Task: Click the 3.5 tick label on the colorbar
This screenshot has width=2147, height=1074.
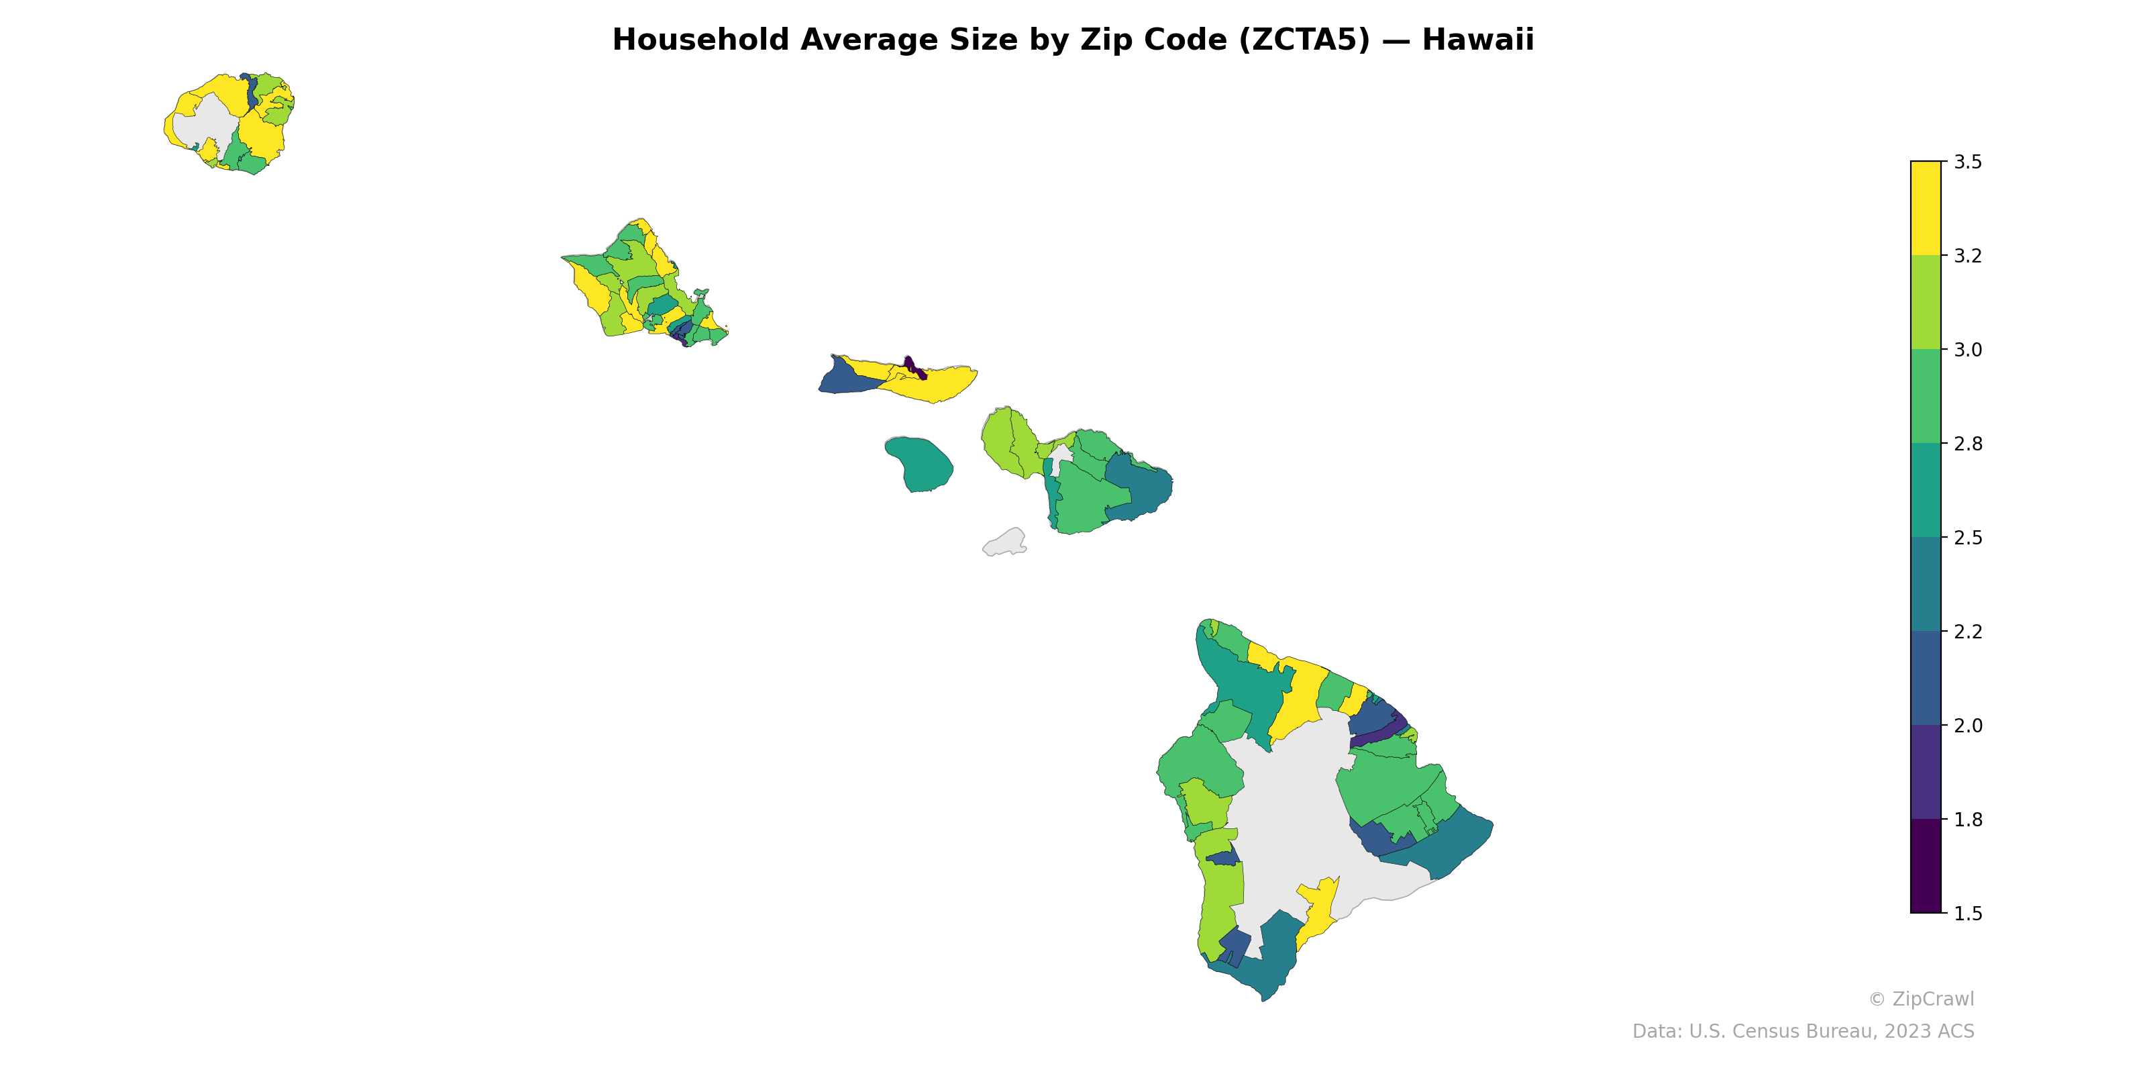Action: tap(1968, 162)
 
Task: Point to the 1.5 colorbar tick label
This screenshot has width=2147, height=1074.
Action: tap(1968, 914)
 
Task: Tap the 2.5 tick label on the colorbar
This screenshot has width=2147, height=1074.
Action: tap(1968, 538)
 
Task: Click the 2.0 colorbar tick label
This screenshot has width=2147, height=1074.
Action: tap(1968, 726)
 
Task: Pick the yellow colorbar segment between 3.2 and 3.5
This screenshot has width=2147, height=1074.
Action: tap(1926, 209)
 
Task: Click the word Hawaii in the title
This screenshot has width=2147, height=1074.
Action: tap(1477, 40)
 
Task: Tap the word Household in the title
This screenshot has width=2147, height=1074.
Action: tap(701, 40)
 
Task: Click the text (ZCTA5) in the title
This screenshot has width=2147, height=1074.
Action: tap(1304, 40)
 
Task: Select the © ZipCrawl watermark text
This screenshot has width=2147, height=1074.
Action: tap(1921, 999)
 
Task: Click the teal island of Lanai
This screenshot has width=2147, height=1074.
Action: tap(921, 465)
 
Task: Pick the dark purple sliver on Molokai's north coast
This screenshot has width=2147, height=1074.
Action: tap(913, 367)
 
